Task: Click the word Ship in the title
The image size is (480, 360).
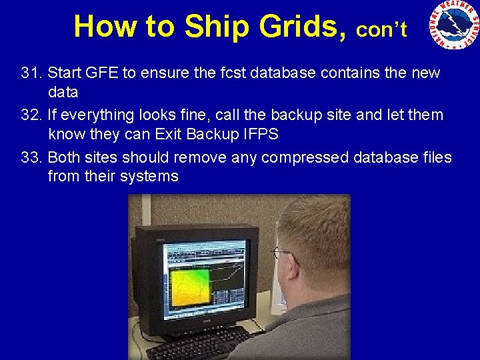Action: click(x=213, y=26)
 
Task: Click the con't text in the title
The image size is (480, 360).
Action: click(x=381, y=30)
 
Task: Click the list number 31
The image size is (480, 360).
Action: click(x=31, y=72)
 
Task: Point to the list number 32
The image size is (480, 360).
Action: click(x=31, y=115)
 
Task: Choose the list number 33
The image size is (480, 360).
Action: click(x=31, y=157)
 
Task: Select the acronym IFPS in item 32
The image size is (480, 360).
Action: click(x=259, y=133)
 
